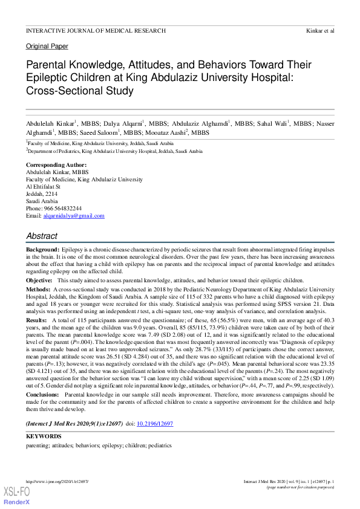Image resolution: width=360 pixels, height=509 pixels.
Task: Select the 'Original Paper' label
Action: click(x=47, y=46)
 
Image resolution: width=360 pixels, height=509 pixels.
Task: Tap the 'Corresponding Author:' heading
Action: click(x=56, y=165)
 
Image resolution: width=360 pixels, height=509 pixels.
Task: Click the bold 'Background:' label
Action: click(x=42, y=250)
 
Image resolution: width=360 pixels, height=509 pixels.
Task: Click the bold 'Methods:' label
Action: click(x=38, y=290)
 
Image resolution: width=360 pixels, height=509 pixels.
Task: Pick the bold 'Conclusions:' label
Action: click(x=42, y=395)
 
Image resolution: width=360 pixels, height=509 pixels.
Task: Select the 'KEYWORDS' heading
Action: click(x=43, y=436)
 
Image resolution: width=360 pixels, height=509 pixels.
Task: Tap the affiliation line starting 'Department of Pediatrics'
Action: click(x=115, y=152)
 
